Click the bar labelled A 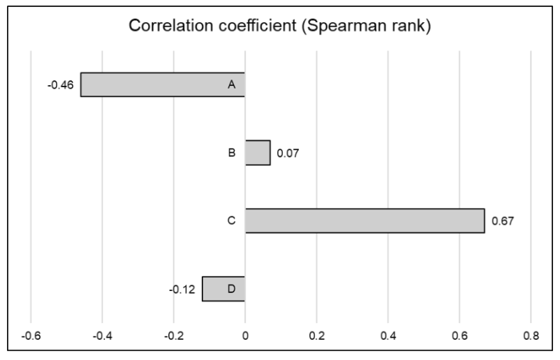(163, 84)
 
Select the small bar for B (257, 152)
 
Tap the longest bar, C (364, 220)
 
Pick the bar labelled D (223, 288)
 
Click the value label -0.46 (61, 85)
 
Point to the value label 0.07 (288, 153)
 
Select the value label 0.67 (503, 221)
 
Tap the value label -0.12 (183, 289)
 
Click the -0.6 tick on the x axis (31, 334)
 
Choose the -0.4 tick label (102, 334)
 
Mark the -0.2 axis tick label (173, 334)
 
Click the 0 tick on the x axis (245, 334)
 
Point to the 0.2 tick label (316, 334)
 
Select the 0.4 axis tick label (388, 334)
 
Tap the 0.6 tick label (459, 334)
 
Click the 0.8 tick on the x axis (531, 334)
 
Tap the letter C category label (231, 220)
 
